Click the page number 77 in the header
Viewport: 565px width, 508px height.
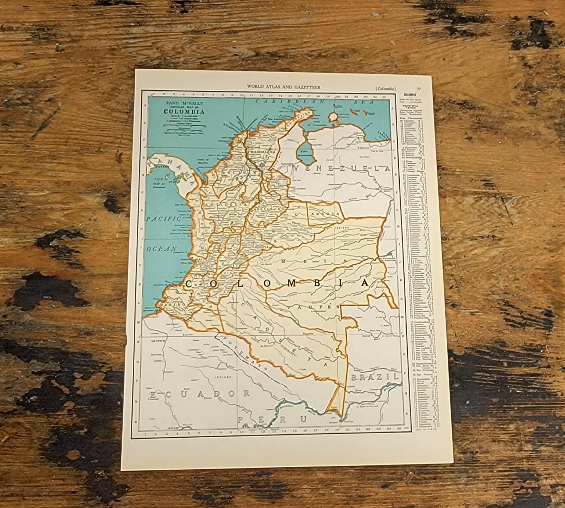pyautogui.click(x=419, y=89)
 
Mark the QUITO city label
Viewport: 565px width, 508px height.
pyautogui.click(x=157, y=341)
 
